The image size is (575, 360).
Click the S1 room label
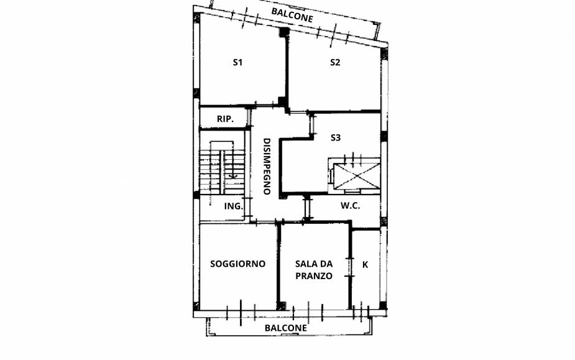point(237,62)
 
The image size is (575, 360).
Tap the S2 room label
point(335,62)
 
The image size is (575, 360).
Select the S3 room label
point(336,137)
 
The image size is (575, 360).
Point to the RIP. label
point(224,119)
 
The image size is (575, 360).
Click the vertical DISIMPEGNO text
point(266,166)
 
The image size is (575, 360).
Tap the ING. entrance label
point(233,206)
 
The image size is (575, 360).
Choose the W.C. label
point(350,206)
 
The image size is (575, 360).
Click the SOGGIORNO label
point(237,264)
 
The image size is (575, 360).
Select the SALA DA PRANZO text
point(313,269)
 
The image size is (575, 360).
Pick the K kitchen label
point(365,264)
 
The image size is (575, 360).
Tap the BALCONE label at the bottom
point(285,328)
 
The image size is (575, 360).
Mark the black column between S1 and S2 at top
point(283,34)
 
